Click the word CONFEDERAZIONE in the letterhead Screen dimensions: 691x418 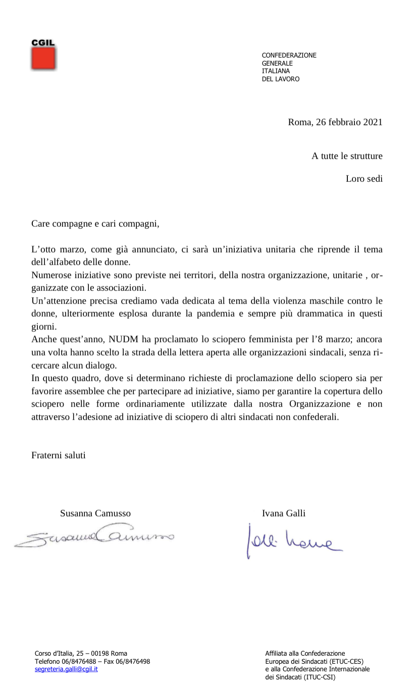click(x=289, y=56)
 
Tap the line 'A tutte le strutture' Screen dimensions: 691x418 click(x=347, y=156)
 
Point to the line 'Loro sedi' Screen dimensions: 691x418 click(x=364, y=178)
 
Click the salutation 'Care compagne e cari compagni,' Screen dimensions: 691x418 click(x=95, y=223)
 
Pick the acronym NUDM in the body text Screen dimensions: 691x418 click(x=121, y=339)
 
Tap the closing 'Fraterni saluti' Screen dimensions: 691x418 click(x=59, y=455)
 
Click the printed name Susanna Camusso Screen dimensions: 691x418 click(x=95, y=513)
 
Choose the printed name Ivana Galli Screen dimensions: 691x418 click(x=284, y=513)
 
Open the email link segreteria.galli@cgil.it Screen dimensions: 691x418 click(x=66, y=669)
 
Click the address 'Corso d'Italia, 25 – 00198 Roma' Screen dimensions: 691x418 click(x=81, y=653)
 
